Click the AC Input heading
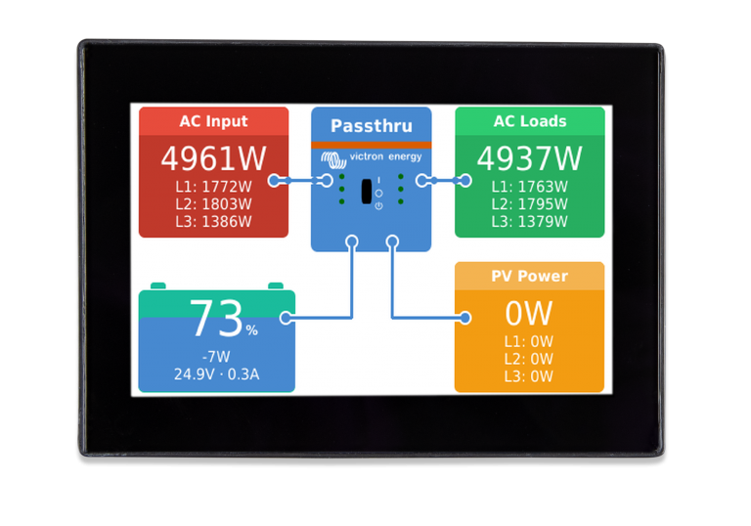(213, 121)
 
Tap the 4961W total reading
(213, 158)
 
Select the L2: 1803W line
(213, 204)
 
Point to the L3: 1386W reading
(213, 221)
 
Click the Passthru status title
(372, 126)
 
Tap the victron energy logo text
(385, 156)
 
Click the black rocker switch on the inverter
(367, 192)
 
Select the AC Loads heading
(530, 121)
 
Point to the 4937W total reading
(530, 158)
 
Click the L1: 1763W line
(530, 187)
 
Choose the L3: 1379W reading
(530, 221)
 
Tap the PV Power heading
(530, 276)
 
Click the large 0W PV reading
(529, 313)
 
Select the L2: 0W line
(529, 359)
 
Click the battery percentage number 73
(216, 319)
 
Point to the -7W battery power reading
(216, 357)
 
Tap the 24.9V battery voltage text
(194, 374)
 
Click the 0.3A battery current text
(243, 374)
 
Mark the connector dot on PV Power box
(465, 318)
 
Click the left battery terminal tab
(158, 286)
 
